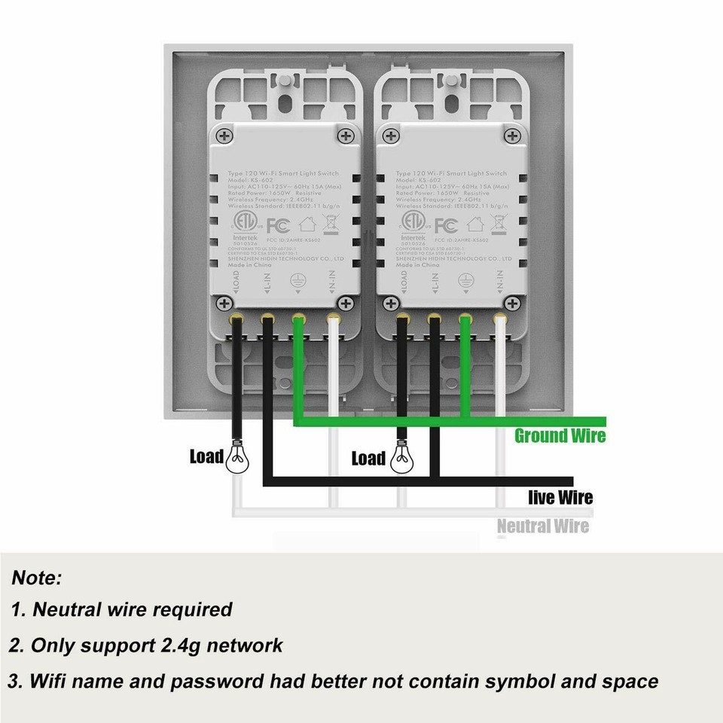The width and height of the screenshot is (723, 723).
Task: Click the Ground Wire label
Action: pyautogui.click(x=560, y=435)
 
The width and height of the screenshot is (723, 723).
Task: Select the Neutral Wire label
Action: pyautogui.click(x=542, y=526)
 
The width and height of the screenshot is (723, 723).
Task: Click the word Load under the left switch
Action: pyautogui.click(x=206, y=456)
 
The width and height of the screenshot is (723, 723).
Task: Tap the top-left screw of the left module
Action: pyautogui.click(x=224, y=136)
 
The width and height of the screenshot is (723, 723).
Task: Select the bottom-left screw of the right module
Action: pyautogui.click(x=390, y=303)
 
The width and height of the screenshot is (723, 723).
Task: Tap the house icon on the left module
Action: pyautogui.click(x=307, y=224)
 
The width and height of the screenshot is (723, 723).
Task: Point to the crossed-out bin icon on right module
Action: pyautogui.click(x=497, y=223)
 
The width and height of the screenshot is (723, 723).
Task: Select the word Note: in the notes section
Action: pyautogui.click(x=37, y=578)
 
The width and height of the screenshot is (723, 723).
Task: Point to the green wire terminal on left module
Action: pyautogui.click(x=298, y=319)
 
